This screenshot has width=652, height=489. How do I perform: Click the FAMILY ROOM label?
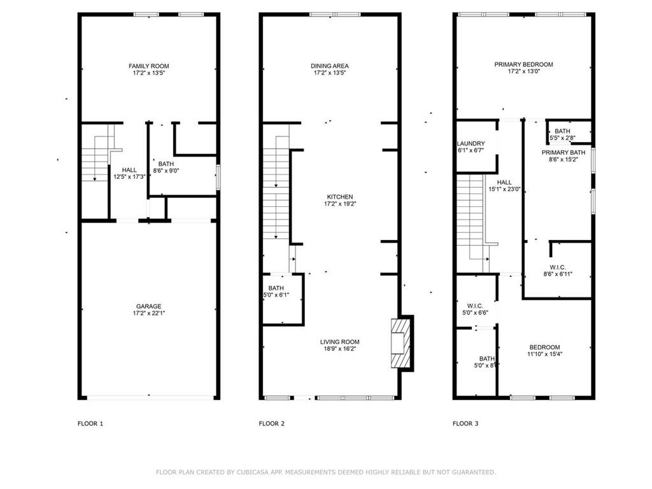tap(148, 66)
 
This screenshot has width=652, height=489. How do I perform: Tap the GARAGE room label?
tap(148, 306)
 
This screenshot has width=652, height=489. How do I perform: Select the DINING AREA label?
tap(330, 66)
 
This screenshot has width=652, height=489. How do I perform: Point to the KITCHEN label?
tap(340, 197)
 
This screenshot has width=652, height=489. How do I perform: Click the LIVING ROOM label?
tap(340, 342)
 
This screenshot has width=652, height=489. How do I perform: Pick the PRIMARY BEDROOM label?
tap(523, 64)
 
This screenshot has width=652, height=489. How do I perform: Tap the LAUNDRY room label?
tap(471, 143)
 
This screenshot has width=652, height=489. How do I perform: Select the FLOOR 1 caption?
tap(90, 423)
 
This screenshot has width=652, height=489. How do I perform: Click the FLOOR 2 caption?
tap(271, 423)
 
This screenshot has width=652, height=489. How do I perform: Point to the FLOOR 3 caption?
tap(465, 423)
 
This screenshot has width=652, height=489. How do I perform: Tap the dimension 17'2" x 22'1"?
tap(149, 313)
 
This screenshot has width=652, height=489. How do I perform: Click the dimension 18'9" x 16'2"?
tap(340, 349)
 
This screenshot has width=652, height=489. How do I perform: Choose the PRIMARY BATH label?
tap(563, 153)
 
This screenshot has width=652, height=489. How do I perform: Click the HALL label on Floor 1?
tap(129, 170)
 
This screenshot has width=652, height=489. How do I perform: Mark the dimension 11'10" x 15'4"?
tap(545, 354)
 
